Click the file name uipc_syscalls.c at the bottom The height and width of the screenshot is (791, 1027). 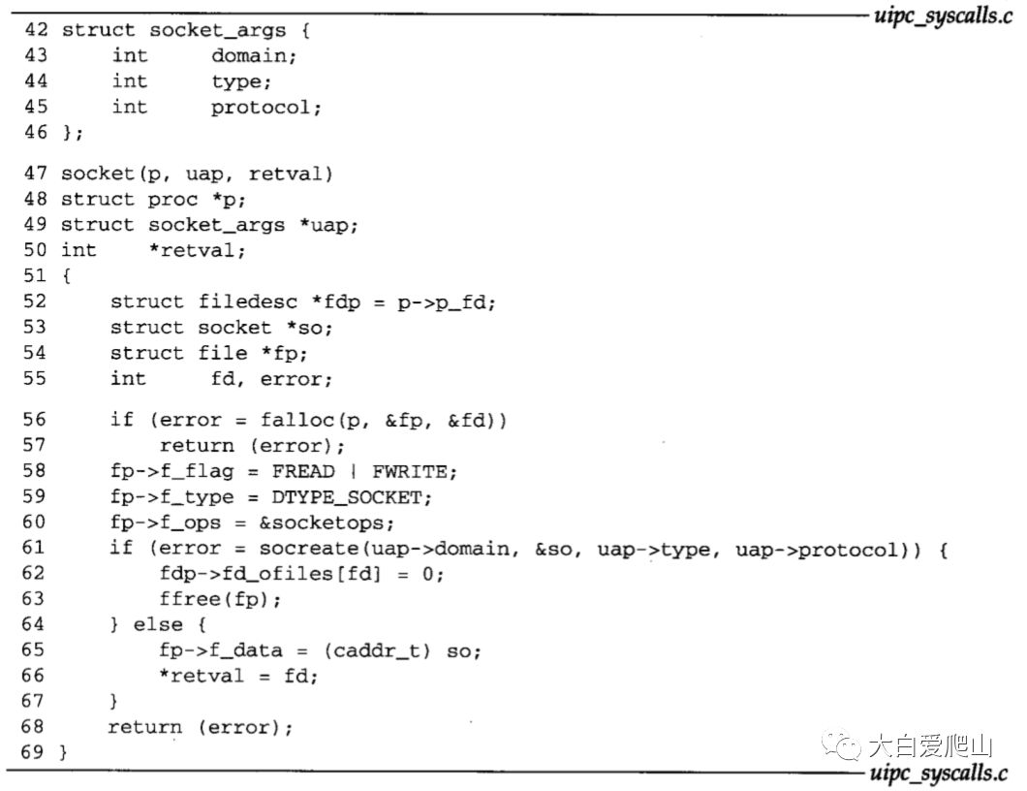click(938, 773)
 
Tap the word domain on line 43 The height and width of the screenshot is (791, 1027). click(253, 56)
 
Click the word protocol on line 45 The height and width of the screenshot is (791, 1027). click(265, 107)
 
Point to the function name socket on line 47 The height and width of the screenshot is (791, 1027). click(93, 174)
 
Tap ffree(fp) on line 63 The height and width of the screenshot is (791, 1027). click(221, 600)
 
